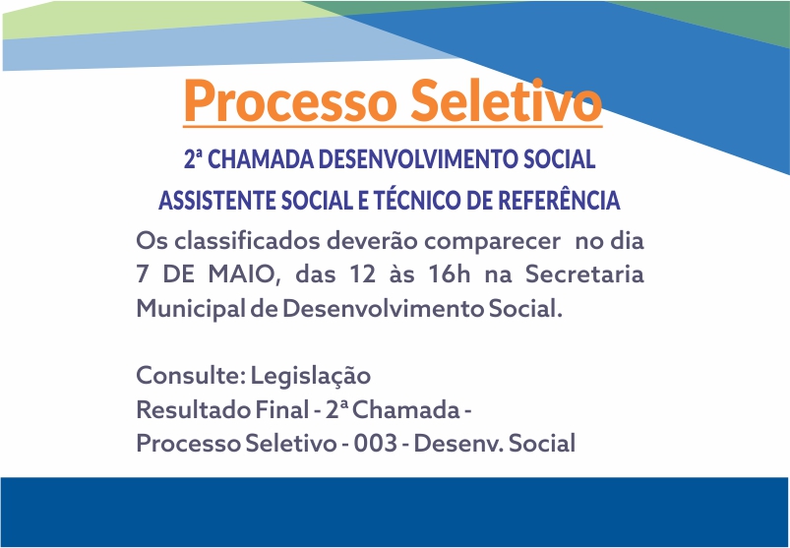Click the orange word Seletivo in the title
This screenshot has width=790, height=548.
tap(506, 100)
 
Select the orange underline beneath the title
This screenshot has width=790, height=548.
tap(393, 125)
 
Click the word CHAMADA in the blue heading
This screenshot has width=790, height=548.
tap(261, 159)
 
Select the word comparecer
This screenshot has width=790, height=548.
tap(492, 242)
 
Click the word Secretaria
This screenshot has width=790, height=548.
tap(584, 274)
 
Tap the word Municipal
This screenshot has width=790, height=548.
tap(191, 309)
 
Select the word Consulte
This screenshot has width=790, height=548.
tap(191, 375)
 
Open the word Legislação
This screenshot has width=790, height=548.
tap(310, 377)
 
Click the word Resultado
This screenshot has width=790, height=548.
tap(194, 409)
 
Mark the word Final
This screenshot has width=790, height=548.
tap(281, 409)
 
